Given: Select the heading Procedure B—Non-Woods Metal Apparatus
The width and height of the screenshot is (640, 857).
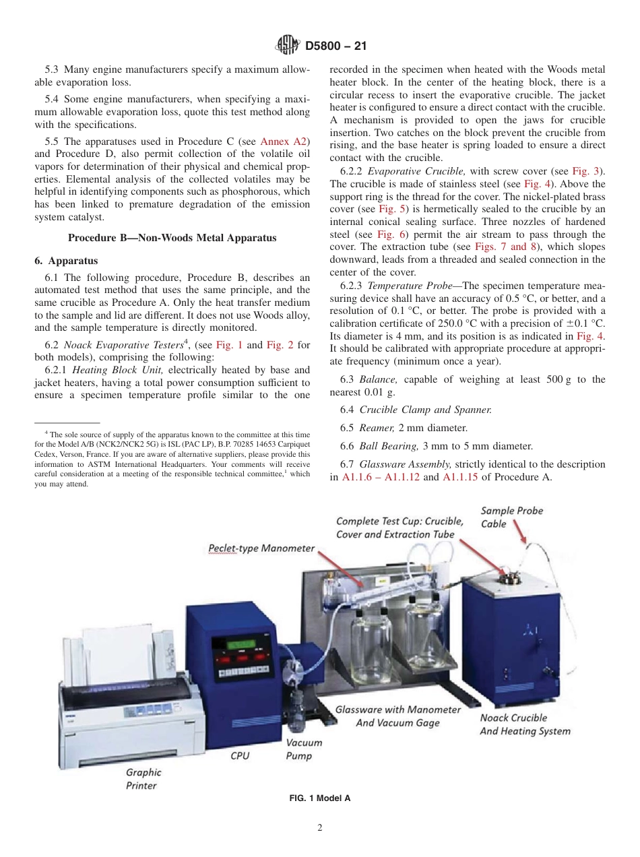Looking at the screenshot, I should (172, 237).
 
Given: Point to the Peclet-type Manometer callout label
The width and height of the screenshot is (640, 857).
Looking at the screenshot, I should (261, 548).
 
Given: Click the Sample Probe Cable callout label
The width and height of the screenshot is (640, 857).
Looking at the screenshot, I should (511, 517).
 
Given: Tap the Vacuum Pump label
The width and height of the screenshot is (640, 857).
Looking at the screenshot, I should (304, 749).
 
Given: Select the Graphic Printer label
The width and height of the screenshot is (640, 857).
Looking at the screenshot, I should (143, 779).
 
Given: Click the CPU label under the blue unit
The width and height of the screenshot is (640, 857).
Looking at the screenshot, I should (240, 756).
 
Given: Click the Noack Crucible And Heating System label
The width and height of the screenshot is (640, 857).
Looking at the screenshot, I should (525, 724).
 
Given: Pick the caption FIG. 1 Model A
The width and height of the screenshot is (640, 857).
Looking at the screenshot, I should (320, 798).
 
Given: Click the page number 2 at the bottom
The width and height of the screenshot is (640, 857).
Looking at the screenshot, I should (320, 828).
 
